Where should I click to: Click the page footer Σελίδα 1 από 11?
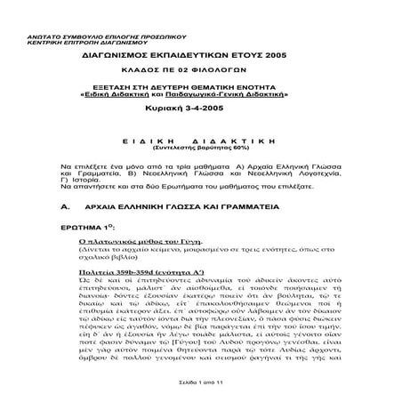201,381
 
